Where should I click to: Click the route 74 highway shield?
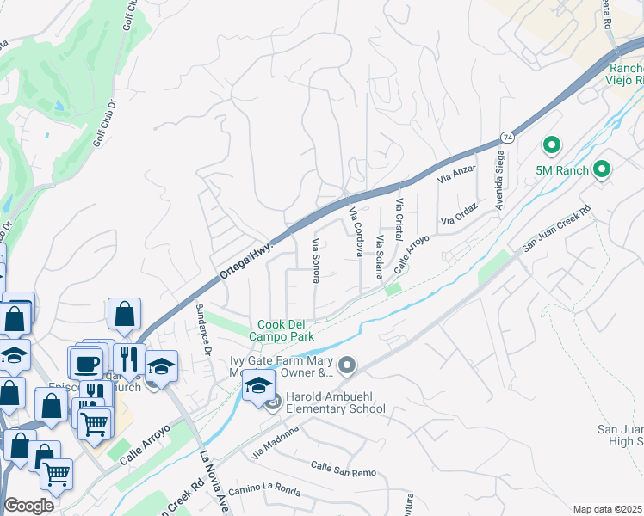point(508,138)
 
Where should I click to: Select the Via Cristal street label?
point(399,220)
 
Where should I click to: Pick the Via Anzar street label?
point(456,175)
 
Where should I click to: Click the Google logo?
point(28,505)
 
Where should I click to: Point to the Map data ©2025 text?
point(608,509)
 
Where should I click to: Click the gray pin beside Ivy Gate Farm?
point(347,367)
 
